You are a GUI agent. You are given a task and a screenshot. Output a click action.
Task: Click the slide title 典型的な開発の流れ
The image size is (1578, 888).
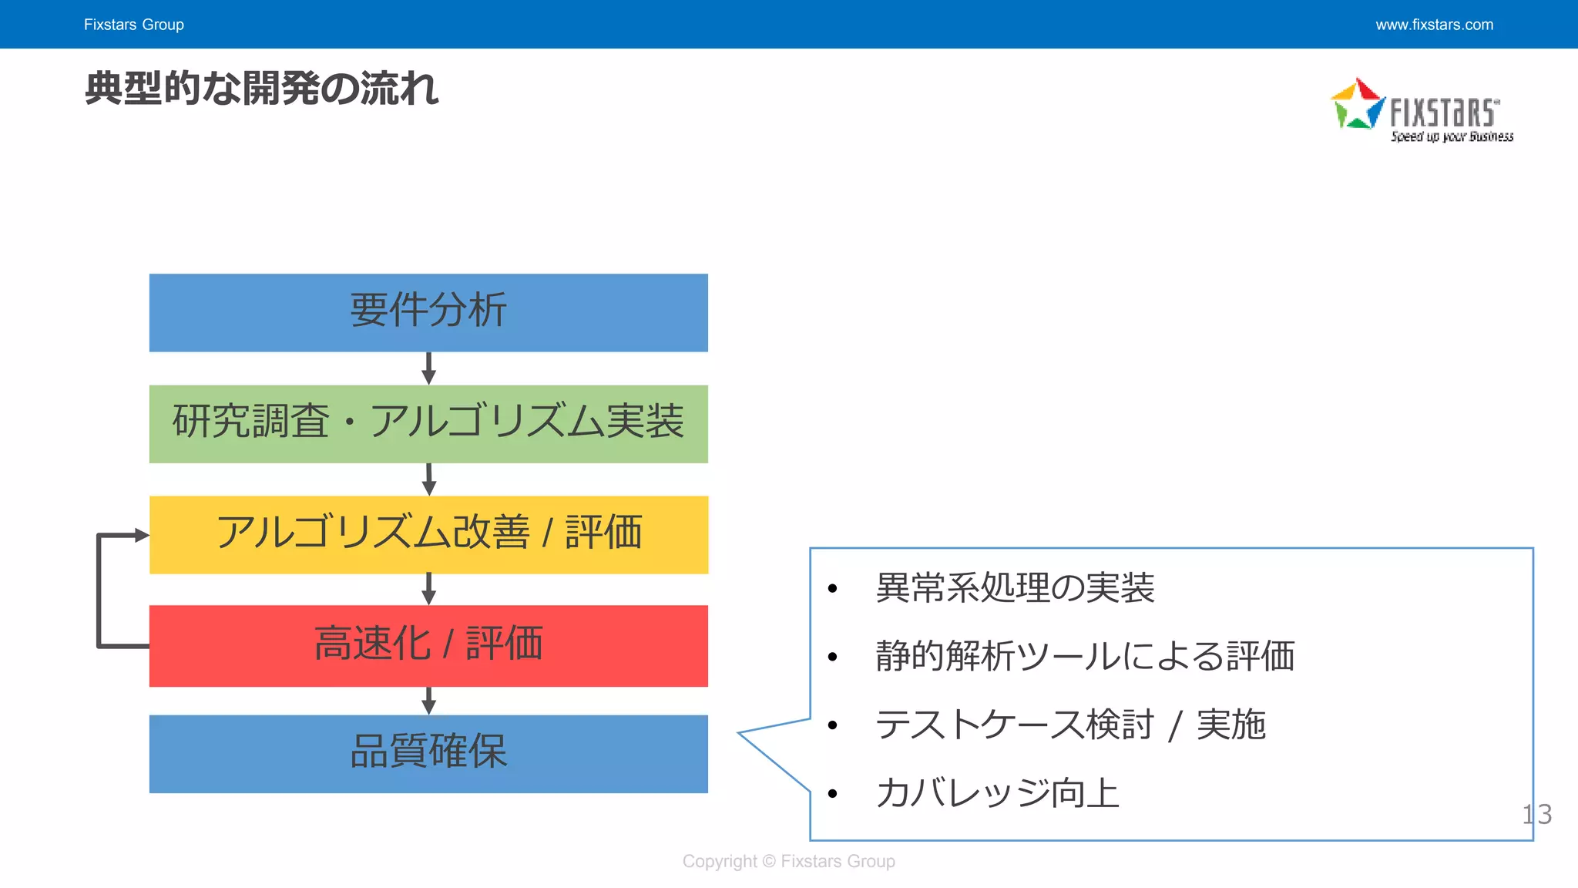pos(261,89)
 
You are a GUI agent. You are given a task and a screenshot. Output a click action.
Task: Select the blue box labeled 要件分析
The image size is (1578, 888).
pos(428,312)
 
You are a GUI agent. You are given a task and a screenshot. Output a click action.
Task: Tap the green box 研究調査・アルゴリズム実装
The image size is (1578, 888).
pos(428,423)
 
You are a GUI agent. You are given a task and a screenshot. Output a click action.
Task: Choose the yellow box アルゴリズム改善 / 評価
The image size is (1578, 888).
pos(428,534)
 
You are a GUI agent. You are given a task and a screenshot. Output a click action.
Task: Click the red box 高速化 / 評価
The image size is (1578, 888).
pos(428,645)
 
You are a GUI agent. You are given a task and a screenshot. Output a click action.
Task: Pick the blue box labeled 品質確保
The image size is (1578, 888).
pos(428,753)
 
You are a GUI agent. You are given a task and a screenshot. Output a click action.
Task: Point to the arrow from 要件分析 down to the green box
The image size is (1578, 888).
pos(429,368)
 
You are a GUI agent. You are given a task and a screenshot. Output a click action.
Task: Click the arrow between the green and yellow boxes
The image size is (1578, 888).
pos(429,479)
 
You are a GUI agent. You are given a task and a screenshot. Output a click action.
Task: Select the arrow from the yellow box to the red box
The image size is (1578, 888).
pos(429,589)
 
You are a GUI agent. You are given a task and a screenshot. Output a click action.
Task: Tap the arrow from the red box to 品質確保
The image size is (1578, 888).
pos(429,701)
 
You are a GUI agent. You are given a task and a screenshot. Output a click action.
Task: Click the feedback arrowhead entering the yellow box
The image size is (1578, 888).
pos(141,535)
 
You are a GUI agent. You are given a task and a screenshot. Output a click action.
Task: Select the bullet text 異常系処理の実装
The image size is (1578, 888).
pos(1015,588)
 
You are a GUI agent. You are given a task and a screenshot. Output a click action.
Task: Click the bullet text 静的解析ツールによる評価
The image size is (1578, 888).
pos(1085,657)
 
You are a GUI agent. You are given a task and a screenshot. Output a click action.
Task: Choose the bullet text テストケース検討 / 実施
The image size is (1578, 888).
pos(1070,725)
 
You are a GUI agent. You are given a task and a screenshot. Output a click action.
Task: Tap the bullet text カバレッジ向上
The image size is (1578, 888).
pos(997,793)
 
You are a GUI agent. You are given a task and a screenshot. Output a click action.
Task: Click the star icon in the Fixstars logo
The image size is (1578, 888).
pos(1358,104)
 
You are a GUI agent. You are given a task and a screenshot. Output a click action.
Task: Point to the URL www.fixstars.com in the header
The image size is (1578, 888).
pos(1434,25)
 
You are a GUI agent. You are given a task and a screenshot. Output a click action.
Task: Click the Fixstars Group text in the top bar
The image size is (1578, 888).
pos(134,25)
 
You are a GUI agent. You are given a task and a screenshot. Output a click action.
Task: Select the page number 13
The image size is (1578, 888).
pos(1536,815)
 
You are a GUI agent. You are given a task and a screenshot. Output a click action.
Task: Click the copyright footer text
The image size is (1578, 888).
pos(788,862)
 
